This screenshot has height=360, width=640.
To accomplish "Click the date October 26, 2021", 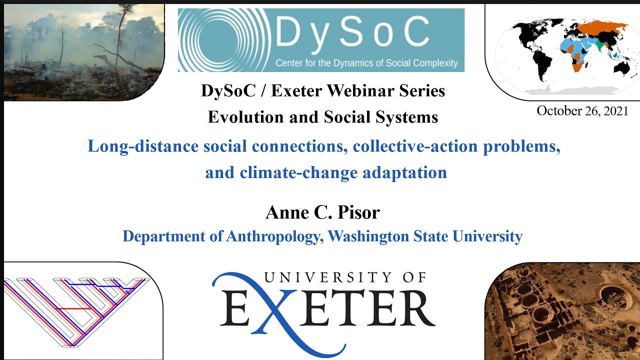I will coord(582,111).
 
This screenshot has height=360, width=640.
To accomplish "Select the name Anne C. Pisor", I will coord(322,212).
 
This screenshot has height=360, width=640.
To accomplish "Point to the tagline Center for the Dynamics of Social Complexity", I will coord(366,63).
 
